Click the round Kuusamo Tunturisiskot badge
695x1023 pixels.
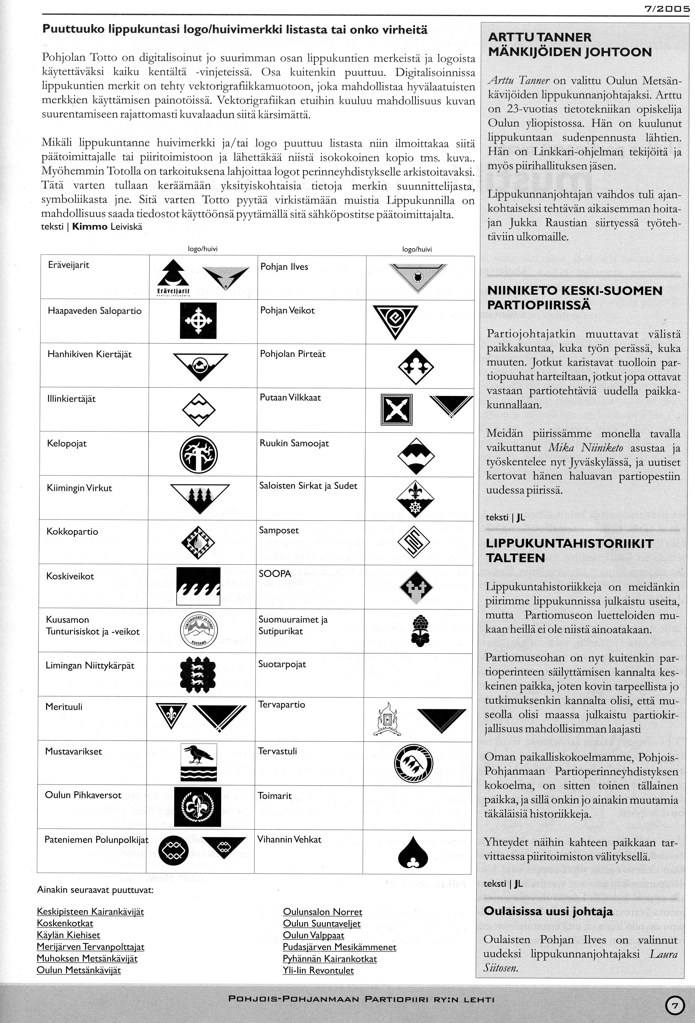pyautogui.click(x=199, y=630)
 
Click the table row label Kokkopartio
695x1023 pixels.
pyautogui.click(x=72, y=532)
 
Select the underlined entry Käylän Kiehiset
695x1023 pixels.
pyautogui.click(x=68, y=935)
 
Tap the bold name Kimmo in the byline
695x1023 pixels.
pyautogui.click(x=90, y=227)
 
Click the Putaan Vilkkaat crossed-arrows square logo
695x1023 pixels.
pyautogui.click(x=396, y=409)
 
